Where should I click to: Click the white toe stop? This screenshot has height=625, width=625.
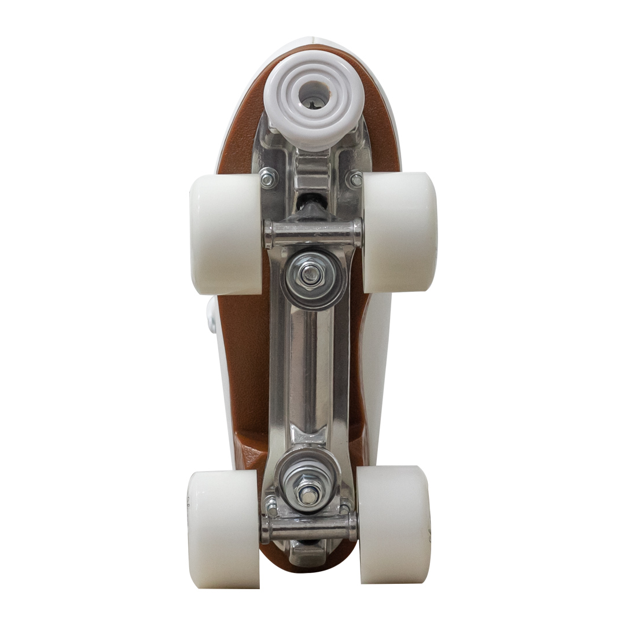click(312, 98)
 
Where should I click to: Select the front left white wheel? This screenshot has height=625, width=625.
click(226, 234)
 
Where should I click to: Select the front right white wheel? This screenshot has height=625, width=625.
click(399, 231)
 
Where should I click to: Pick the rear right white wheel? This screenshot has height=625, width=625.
click(394, 524)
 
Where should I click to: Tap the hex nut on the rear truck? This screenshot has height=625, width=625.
click(307, 493)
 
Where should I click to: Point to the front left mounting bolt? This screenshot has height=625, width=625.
click(267, 178)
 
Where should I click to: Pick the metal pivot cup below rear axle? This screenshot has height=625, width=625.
click(308, 553)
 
